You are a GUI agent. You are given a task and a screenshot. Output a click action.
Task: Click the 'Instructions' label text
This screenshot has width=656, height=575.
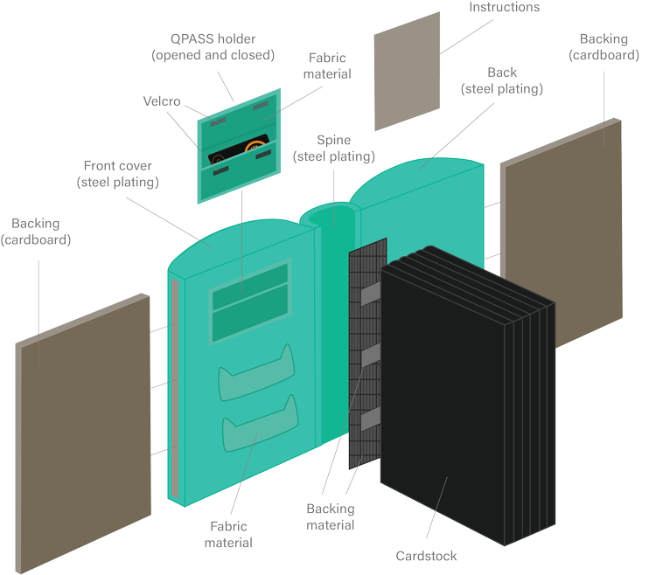pyautogui.click(x=504, y=8)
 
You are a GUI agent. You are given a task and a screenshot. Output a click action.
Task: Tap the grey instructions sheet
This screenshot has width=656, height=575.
pyautogui.click(x=408, y=71)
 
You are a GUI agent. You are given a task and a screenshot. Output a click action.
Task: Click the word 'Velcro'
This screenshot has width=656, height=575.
pyautogui.click(x=162, y=102)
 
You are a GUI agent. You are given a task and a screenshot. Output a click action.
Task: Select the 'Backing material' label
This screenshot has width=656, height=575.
pyautogui.click(x=331, y=516)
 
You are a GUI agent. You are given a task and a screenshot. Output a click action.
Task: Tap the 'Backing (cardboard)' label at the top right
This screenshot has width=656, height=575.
pyautogui.click(x=604, y=47)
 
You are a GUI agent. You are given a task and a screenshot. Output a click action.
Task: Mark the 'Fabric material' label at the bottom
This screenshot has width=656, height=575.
pyautogui.click(x=228, y=535)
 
